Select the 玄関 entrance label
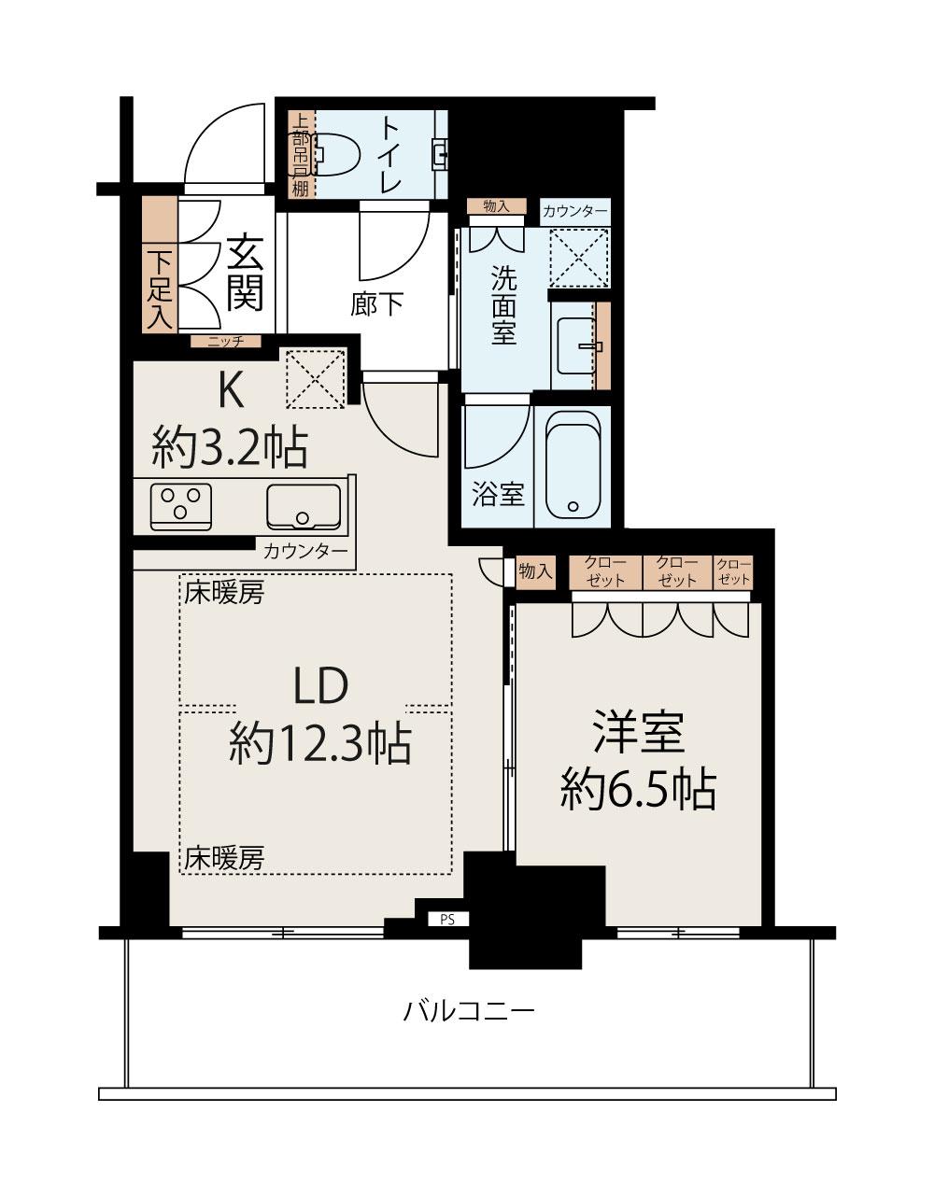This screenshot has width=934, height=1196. pos(245,273)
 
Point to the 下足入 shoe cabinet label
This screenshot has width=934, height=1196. pos(160,290)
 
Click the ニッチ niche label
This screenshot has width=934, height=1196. pos(226,341)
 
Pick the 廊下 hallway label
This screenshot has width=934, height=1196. pos(376,303)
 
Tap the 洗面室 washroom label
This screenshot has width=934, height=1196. pos(504,304)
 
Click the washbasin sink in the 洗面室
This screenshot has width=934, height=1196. pos(576,345)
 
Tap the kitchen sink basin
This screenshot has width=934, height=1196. pos(304,507)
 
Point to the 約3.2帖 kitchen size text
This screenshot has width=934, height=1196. pos(230,448)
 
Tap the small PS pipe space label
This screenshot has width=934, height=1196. pos(448,919)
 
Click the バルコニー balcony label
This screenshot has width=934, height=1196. pos(469,1011)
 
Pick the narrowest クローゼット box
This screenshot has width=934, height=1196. pos(733,572)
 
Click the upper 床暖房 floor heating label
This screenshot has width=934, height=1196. pos(224,593)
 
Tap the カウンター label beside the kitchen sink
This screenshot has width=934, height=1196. pos(305,551)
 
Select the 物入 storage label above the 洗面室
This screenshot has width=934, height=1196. pos(496,206)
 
